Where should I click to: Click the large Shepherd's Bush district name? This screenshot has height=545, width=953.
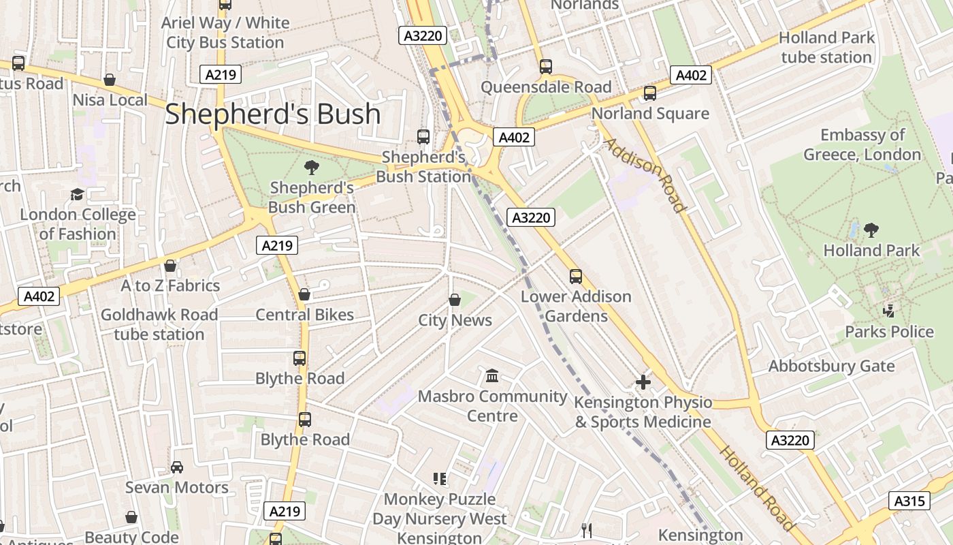click(272, 114)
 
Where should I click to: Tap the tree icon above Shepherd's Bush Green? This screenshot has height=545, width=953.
click(312, 167)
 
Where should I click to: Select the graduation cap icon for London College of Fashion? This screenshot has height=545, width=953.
click(77, 195)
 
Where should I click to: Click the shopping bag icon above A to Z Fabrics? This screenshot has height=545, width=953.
click(170, 266)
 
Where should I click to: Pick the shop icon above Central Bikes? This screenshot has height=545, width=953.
click(304, 294)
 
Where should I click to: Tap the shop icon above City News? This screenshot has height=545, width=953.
click(455, 300)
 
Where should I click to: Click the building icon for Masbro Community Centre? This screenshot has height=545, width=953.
click(492, 375)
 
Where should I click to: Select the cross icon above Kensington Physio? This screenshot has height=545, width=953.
click(643, 382)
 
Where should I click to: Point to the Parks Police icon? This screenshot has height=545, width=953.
click(889, 311)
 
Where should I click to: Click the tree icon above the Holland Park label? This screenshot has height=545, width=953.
click(871, 230)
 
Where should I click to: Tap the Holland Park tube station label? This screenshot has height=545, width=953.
click(826, 48)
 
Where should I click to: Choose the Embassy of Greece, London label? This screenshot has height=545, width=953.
click(862, 144)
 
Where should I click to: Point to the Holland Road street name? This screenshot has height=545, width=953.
click(758, 488)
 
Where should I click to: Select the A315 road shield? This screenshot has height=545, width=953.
click(909, 501)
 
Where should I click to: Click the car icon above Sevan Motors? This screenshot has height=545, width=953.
click(177, 467)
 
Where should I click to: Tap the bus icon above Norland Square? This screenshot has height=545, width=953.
click(650, 93)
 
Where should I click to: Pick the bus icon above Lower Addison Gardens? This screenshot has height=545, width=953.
click(576, 277)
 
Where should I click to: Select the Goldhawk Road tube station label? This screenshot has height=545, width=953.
click(159, 324)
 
